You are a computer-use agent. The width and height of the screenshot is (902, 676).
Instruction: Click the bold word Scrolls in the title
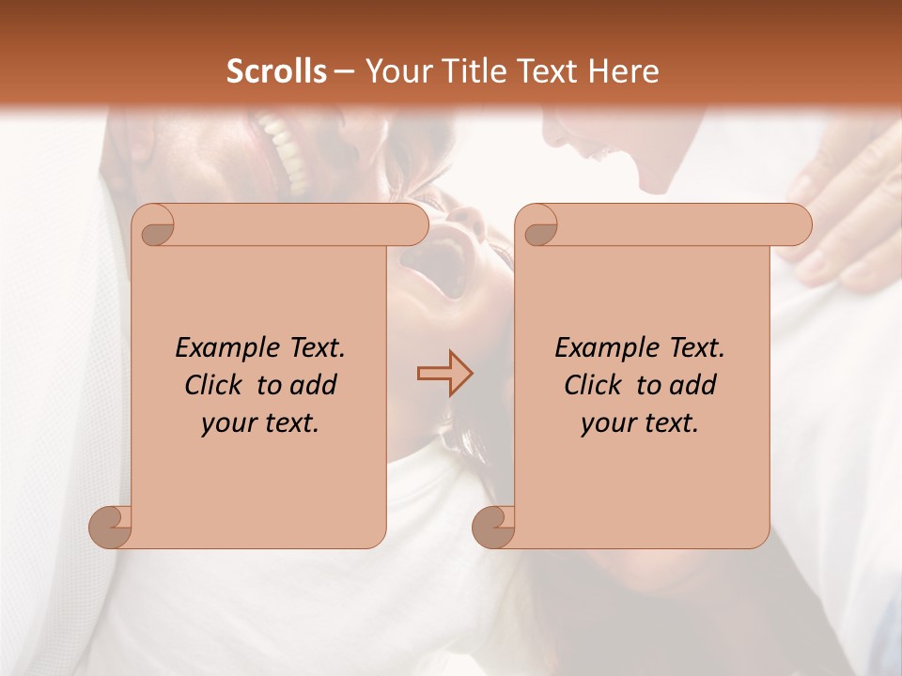277,70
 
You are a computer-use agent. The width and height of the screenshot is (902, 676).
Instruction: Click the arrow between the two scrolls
444,374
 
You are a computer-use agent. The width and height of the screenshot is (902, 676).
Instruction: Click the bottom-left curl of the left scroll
111,527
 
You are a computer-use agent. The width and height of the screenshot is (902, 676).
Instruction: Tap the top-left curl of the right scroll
538,226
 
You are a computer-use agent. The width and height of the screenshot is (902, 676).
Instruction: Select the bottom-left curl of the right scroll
494,527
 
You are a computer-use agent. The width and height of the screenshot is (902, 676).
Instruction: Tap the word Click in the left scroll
213,385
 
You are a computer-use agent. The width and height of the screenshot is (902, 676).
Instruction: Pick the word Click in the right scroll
593,385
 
